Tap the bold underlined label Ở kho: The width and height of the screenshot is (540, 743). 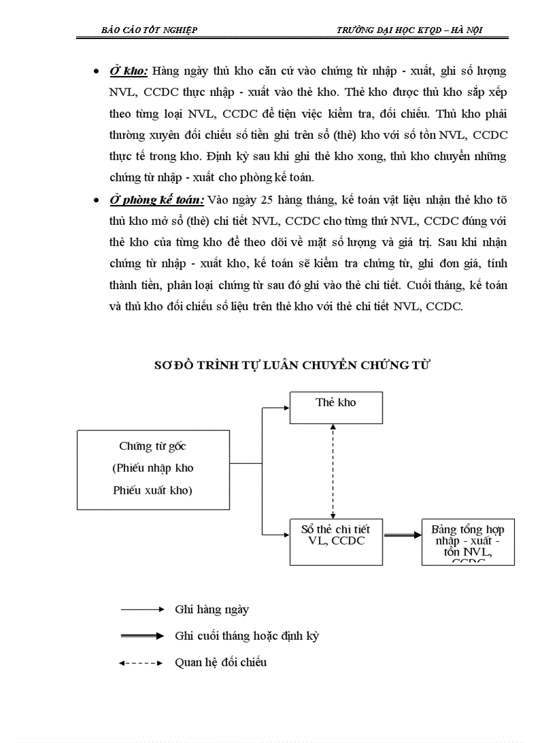coord(128,70)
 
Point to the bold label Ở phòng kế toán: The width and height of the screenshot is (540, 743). coord(157,199)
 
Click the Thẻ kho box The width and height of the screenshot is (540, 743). coord(336,407)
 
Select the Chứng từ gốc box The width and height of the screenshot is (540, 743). coord(153,469)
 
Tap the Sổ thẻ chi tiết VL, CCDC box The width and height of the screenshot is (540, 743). coord(336,541)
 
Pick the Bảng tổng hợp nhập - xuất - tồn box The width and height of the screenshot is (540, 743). coord(468,541)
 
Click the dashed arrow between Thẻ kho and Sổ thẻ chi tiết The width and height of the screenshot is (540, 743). coord(333,471)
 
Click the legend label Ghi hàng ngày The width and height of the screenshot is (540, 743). coord(212,609)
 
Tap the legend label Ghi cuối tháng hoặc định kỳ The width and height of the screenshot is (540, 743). coord(247,636)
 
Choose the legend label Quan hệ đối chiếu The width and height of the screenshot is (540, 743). coord(220,662)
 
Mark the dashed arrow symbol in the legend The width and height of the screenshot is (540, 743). coord(140,662)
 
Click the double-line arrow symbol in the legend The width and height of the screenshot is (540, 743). coord(140,636)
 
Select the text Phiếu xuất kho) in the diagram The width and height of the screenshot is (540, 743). coord(153,490)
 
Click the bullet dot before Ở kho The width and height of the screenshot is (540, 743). coord(97,71)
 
